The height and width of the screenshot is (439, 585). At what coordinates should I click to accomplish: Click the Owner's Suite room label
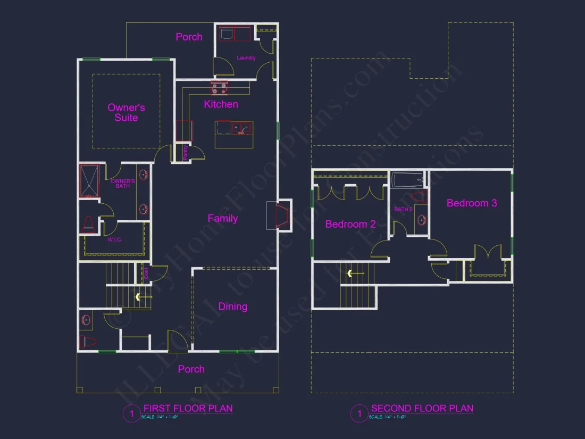[126, 112]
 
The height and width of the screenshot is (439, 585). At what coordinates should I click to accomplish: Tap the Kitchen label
[221, 104]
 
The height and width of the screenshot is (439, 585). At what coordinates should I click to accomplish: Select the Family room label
[222, 218]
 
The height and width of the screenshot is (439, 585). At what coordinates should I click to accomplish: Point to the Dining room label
[232, 307]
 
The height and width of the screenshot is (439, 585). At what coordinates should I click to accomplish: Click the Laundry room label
[246, 57]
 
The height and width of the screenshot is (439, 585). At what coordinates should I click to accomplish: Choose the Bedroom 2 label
[350, 224]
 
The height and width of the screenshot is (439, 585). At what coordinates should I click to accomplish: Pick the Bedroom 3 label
[471, 203]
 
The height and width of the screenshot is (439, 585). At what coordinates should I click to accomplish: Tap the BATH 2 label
[403, 210]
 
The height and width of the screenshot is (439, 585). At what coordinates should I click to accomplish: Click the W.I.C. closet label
[115, 240]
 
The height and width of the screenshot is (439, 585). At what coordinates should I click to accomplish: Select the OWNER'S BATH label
[123, 184]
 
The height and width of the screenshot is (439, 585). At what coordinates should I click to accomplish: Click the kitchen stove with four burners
[220, 88]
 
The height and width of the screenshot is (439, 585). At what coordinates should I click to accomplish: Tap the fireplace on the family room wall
[281, 215]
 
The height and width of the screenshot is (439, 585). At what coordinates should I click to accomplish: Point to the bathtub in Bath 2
[407, 180]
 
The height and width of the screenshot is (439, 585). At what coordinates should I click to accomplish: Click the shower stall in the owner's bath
[89, 181]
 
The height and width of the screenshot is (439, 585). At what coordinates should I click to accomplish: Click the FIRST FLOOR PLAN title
[188, 409]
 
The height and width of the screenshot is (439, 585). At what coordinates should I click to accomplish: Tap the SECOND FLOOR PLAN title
[422, 409]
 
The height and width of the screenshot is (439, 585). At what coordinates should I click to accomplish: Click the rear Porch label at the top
[189, 37]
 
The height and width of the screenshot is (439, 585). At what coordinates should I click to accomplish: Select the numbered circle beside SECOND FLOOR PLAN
[359, 413]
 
